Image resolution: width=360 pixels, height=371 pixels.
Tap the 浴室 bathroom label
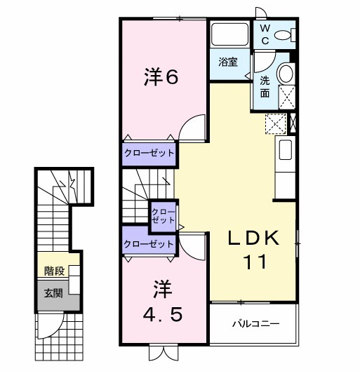(x=227, y=62)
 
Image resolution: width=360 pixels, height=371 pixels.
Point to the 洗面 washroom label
(x=265, y=87)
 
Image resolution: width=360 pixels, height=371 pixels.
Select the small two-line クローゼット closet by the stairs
(x=164, y=215)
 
